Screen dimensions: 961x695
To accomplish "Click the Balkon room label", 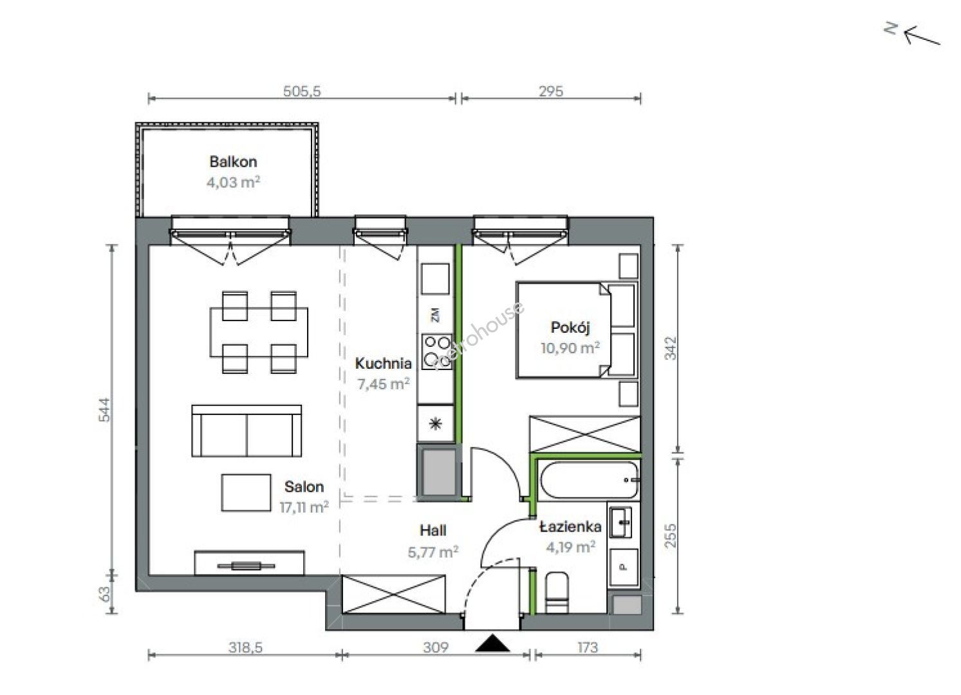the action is pos(233,162).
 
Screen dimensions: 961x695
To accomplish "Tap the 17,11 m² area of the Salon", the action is pos(304,508).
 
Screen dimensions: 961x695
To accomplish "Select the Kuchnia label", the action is pos(383,364).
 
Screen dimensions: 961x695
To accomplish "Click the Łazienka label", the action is pos(570,526).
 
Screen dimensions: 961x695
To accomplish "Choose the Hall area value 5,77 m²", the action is pos(433,552).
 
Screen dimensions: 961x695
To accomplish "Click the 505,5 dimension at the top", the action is pos(302,91).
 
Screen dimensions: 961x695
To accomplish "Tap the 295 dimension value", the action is pos(551,91).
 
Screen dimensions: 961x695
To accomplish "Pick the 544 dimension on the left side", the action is pos(104,410).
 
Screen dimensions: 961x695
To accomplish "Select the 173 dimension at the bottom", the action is pos(587,647).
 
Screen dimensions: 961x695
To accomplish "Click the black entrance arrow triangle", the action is pos(492,643).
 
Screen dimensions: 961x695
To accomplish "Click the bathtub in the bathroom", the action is pos(589,480).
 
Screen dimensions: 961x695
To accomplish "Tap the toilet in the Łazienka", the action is pos(557,593).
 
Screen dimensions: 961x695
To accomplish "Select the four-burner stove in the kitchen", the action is pos(437,352).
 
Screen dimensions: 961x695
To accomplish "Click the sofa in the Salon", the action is pos(247,431).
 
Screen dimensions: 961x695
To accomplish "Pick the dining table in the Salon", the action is pos(259,332).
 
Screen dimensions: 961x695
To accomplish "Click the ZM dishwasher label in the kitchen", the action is pos(436,315).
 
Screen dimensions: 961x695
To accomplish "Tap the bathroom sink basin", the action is pos(621,522).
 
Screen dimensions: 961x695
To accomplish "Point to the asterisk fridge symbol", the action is pos(436,424).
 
